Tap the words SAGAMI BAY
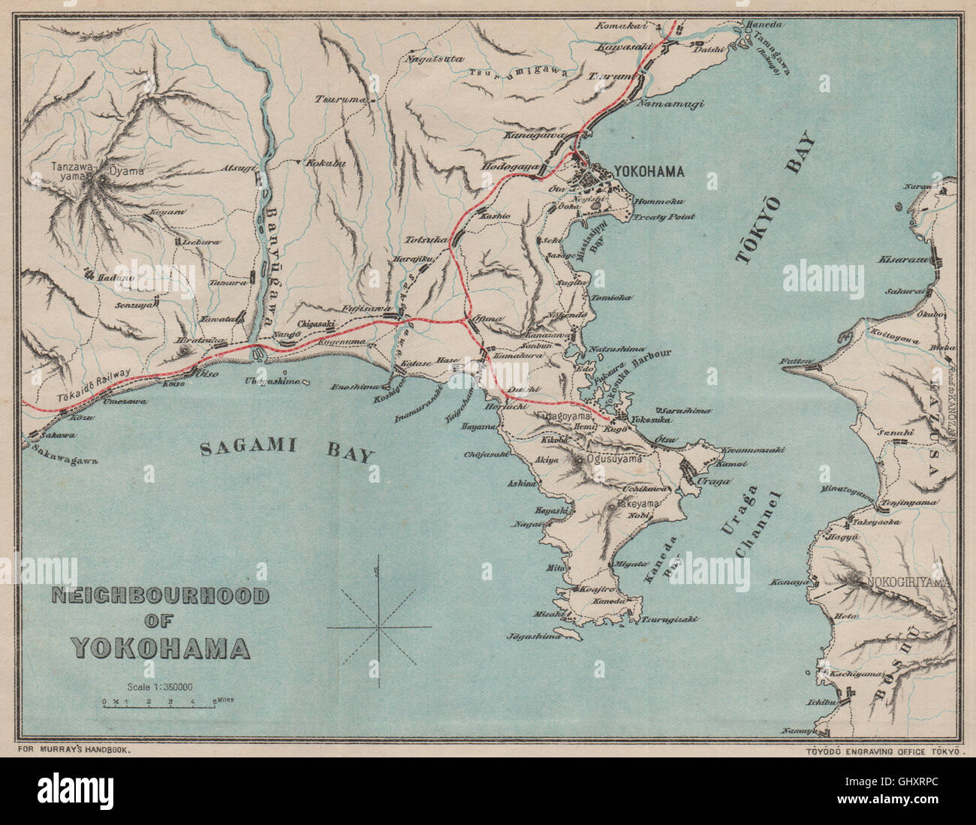pyautogui.click(x=288, y=450)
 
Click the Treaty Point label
pyautogui.click(x=663, y=216)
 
